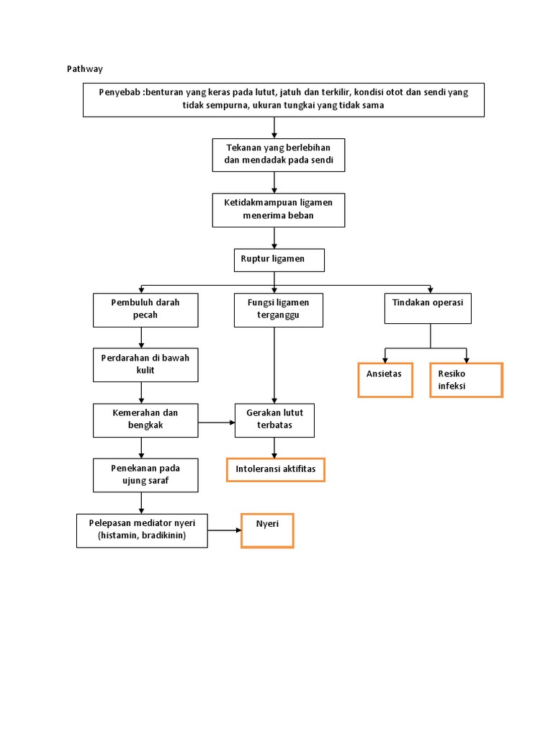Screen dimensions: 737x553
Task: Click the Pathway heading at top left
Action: click(85, 69)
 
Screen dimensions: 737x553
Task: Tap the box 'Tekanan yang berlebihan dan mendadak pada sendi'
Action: click(279, 155)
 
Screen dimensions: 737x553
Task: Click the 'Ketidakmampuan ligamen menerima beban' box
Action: click(279, 209)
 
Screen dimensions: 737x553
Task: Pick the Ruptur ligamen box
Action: click(279, 260)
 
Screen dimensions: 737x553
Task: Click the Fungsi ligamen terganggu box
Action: click(279, 309)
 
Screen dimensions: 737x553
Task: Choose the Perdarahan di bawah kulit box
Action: click(145, 365)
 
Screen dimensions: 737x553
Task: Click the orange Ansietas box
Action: click(385, 380)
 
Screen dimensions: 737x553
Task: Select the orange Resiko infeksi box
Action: click(466, 380)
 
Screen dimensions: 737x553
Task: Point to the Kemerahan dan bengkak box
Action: click(145, 420)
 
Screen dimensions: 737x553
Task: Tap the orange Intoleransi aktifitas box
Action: click(276, 470)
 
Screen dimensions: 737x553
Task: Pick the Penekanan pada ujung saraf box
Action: click(145, 475)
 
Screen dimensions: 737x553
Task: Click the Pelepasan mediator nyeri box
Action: click(142, 530)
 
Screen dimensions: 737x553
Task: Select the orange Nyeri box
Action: click(267, 530)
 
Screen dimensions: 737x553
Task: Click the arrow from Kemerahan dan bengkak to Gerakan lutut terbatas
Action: click(217, 422)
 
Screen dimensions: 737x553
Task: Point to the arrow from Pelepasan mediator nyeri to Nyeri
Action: click(224, 530)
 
